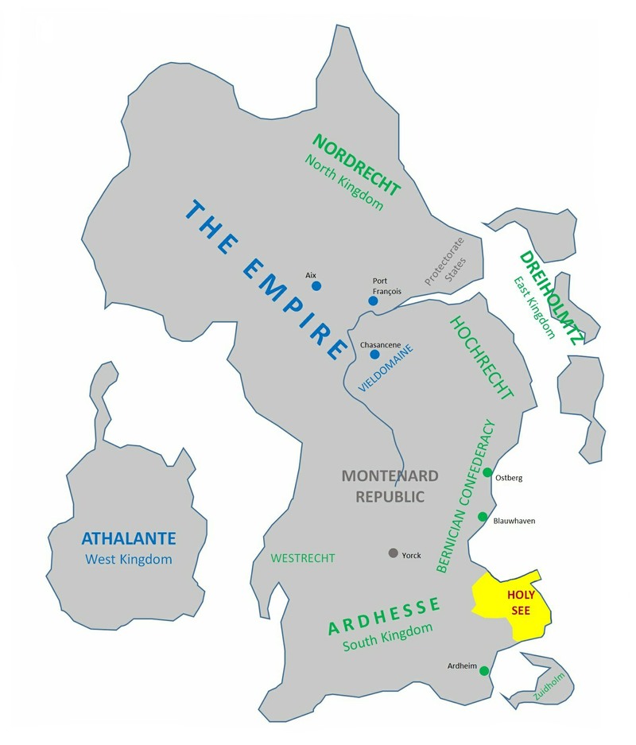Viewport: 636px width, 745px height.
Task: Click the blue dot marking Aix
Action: click(316, 285)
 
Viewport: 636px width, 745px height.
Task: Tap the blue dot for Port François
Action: click(373, 301)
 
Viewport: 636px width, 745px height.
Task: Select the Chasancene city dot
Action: click(374, 355)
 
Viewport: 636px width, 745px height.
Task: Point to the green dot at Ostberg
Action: click(487, 472)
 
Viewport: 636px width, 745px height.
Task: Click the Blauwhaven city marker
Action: click(482, 517)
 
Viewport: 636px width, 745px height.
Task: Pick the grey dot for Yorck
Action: click(393, 553)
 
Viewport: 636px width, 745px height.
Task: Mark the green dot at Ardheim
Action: click(484, 670)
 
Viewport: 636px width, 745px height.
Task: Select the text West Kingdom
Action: click(128, 560)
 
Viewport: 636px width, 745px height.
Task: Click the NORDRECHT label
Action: click(357, 165)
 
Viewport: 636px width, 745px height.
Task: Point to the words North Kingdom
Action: click(343, 182)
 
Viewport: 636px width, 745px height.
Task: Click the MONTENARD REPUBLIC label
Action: click(390, 487)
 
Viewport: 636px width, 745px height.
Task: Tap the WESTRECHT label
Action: click(303, 558)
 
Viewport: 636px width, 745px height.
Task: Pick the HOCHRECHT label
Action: click(481, 357)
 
